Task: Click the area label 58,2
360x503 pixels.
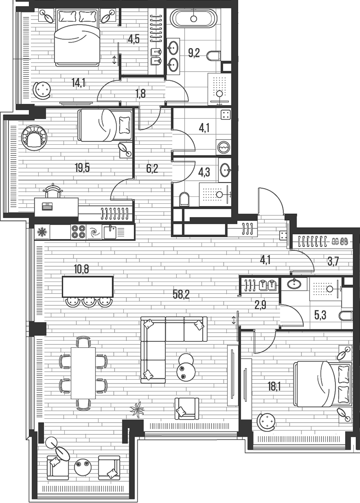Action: click(181, 295)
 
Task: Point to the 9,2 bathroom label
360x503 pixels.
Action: click(194, 53)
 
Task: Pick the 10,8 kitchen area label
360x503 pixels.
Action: click(82, 269)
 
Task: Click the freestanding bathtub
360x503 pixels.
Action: click(193, 19)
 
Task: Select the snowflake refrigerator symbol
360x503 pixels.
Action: click(42, 232)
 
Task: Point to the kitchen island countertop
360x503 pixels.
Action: click(88, 286)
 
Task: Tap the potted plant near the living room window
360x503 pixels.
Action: click(137, 410)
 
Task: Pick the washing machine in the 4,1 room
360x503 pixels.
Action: click(224, 147)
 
